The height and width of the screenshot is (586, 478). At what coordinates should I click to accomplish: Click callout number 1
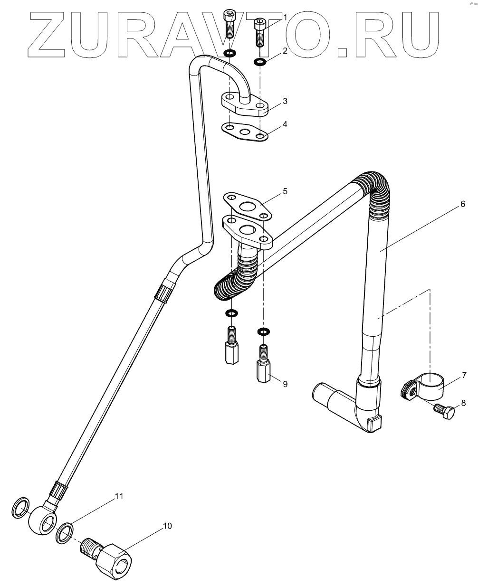click(x=285, y=17)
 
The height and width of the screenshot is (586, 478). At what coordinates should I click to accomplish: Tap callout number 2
click(x=285, y=50)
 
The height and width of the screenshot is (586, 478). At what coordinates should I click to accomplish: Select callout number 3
click(x=285, y=101)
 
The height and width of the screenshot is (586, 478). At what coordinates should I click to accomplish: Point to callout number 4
click(x=285, y=124)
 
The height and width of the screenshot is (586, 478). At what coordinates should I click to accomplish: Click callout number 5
click(x=285, y=191)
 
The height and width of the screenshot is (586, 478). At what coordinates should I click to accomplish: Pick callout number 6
click(x=462, y=204)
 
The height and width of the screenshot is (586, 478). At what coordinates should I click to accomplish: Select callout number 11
click(x=119, y=496)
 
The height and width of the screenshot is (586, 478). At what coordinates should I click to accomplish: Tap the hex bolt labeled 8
click(x=446, y=411)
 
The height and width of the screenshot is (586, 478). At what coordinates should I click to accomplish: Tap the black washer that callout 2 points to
click(x=261, y=62)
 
